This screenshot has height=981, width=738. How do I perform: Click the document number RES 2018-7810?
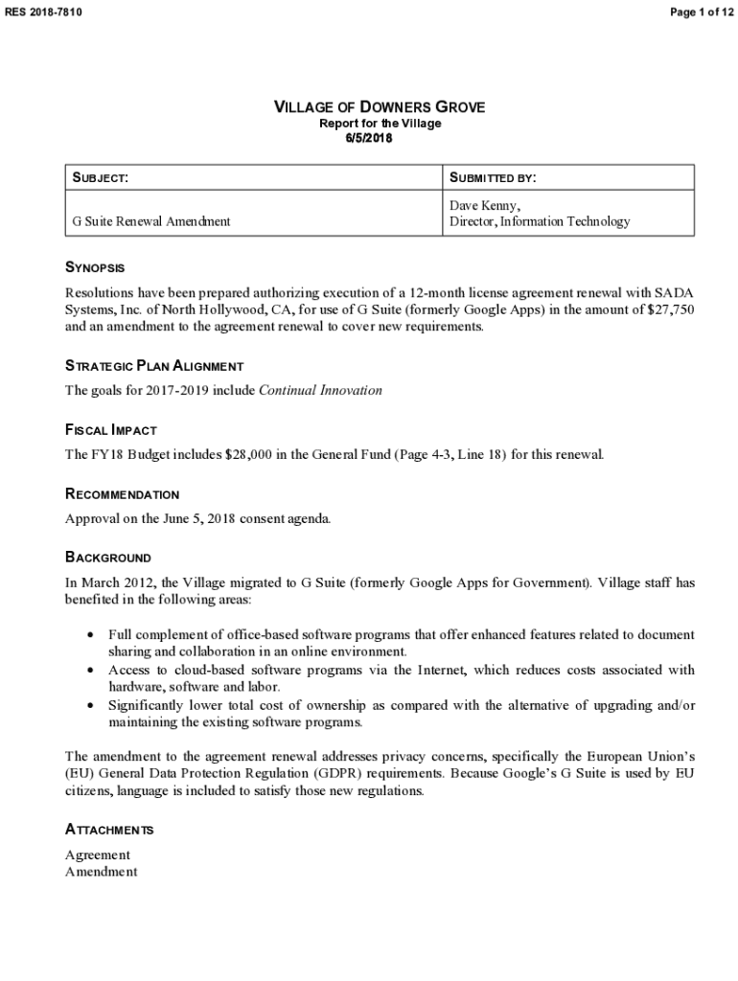(x=43, y=11)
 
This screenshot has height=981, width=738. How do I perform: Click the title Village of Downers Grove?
(x=380, y=107)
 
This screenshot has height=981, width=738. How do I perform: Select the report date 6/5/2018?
(x=369, y=138)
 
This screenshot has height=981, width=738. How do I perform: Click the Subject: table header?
(x=101, y=178)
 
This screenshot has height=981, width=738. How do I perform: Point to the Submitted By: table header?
(x=493, y=178)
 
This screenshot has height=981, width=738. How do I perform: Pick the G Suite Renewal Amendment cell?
(x=151, y=221)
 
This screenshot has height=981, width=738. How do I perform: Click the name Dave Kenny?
(x=485, y=206)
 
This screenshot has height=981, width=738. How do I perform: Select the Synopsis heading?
(x=95, y=267)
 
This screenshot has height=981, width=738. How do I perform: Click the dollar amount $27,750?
(x=668, y=309)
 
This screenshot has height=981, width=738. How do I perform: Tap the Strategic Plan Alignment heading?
(x=153, y=366)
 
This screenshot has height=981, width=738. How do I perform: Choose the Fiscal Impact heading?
(x=110, y=430)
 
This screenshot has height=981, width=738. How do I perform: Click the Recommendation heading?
(x=122, y=494)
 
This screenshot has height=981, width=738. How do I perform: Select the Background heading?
(x=107, y=558)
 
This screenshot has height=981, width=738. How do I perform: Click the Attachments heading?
(x=109, y=830)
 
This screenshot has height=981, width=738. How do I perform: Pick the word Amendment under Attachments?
(x=101, y=872)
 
